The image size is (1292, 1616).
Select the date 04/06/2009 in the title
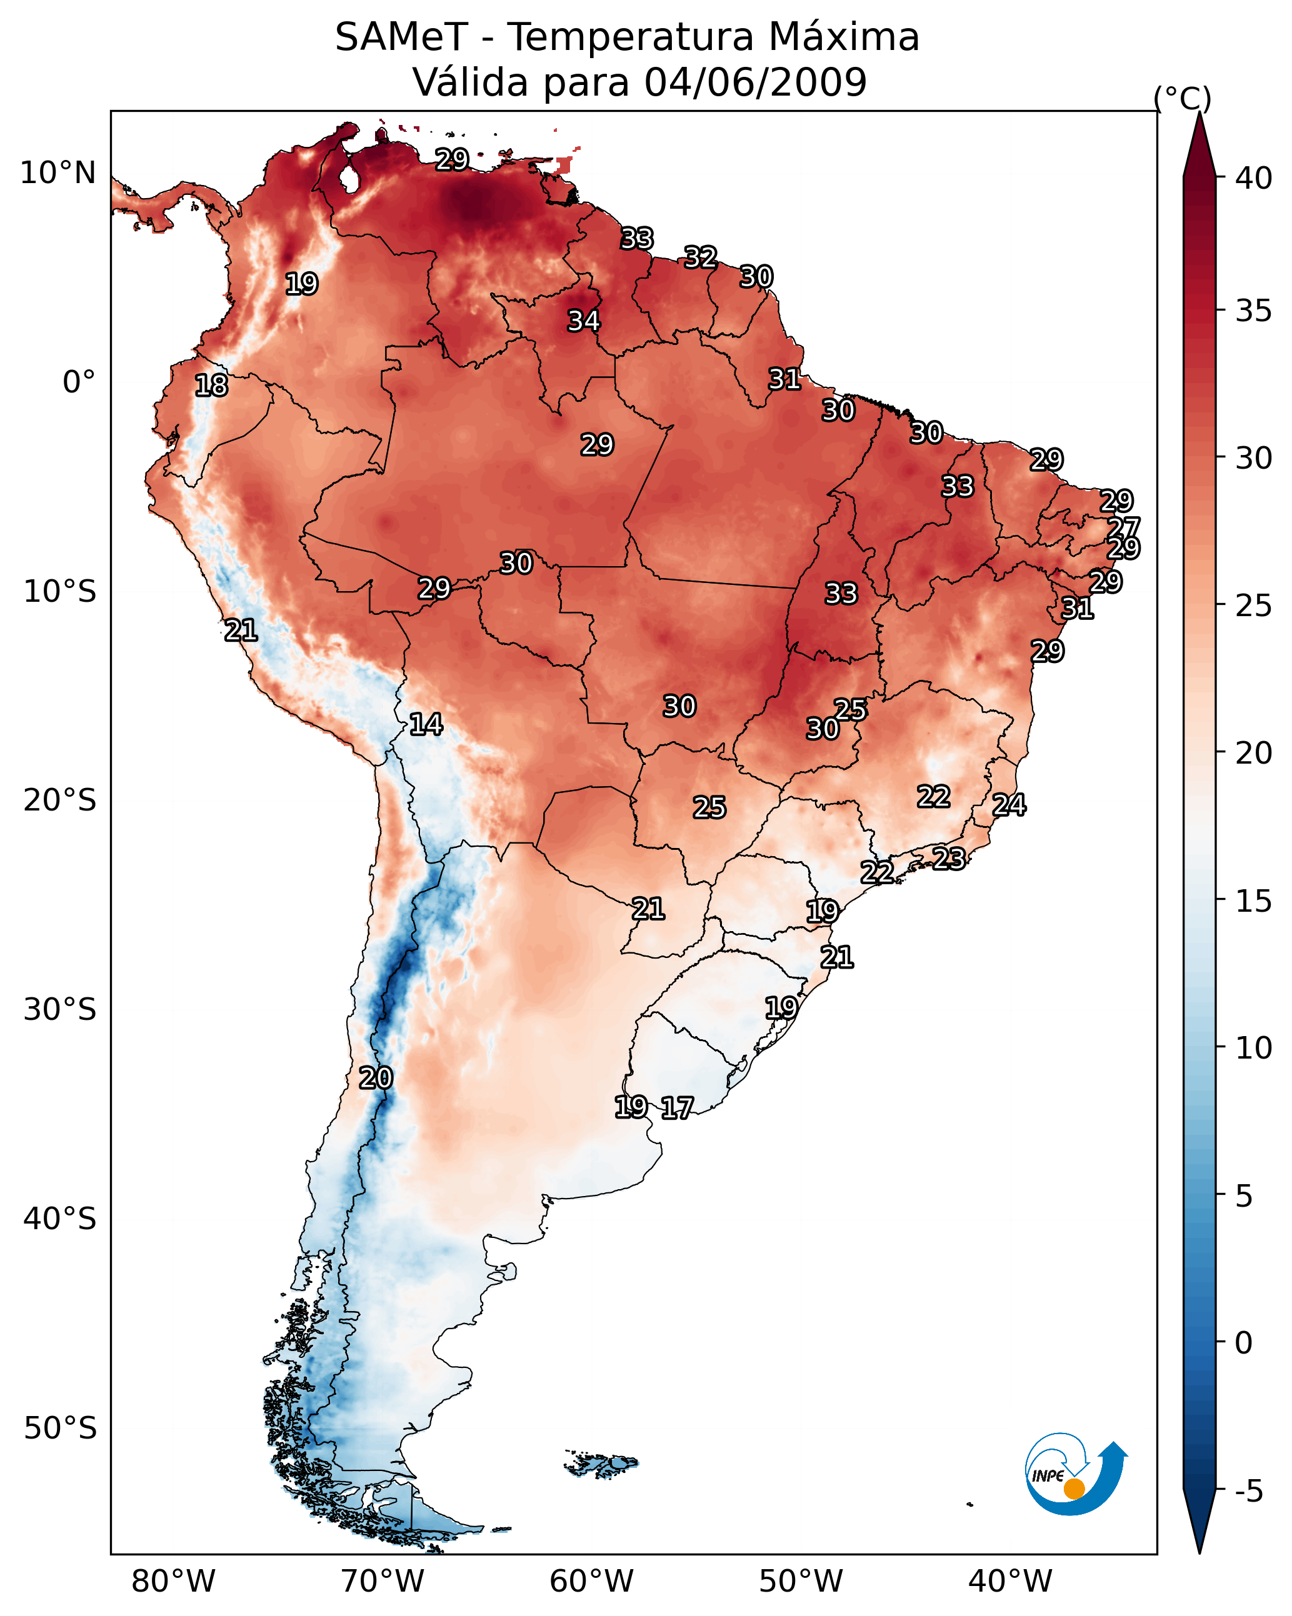pos(755,82)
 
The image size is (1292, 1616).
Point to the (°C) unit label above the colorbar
pos(1182,98)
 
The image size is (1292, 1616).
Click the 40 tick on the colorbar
pos(1254,178)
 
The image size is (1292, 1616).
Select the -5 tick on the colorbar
pos(1248,1491)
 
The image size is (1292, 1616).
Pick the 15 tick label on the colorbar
pos(1254,901)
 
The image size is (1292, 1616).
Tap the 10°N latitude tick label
pos(58,173)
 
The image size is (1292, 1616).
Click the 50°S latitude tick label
pos(60,1429)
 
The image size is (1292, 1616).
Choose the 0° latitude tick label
pos(79,382)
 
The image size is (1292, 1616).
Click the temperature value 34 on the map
pos(583,321)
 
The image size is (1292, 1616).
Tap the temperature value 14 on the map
pos(425,724)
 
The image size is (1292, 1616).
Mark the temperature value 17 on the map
pos(676,1108)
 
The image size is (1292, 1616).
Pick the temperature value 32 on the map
pos(700,257)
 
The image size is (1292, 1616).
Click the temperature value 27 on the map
pos(1123,527)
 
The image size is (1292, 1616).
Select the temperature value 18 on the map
pos(211,386)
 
